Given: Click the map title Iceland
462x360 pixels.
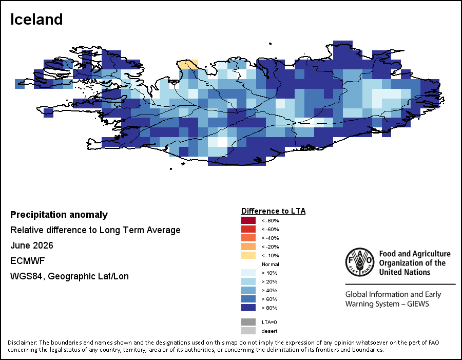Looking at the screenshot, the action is point(36,20).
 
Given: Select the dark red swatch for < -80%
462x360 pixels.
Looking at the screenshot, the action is point(248,220).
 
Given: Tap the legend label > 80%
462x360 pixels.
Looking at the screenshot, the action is point(269,308).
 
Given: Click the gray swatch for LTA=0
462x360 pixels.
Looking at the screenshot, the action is point(248,322).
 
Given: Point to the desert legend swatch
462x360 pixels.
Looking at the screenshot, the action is point(248,331).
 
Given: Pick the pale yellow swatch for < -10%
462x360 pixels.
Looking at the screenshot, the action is point(248,255).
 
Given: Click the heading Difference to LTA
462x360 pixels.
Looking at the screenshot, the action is point(274,211).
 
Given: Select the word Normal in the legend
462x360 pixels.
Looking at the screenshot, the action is point(271,264).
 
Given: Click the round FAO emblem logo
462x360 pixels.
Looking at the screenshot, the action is point(360,262).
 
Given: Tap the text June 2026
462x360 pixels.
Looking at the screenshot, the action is point(32,245).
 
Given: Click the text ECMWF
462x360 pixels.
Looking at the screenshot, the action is point(27,261).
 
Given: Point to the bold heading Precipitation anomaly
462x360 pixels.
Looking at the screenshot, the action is point(59,215).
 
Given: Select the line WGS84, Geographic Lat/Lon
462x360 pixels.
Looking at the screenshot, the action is point(69,276).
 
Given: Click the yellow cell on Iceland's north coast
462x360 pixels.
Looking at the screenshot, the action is point(188,64).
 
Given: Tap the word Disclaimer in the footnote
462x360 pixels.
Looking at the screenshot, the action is point(23,343).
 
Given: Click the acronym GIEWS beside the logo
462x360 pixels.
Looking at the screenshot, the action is point(418,304).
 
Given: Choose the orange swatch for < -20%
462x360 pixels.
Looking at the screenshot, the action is point(248,247).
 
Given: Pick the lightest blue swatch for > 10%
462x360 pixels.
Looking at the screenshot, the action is point(248,273).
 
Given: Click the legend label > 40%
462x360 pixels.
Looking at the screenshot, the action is point(269,291).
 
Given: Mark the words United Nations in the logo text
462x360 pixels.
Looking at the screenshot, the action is point(405,272).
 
